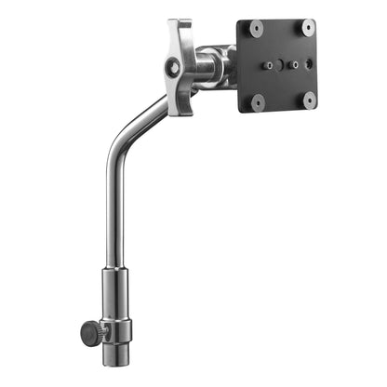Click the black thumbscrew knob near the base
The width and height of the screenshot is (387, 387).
point(90,332)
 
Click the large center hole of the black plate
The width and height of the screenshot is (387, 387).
point(282,65)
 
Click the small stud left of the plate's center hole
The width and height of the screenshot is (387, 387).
point(268,66)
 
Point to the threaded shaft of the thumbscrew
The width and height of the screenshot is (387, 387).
point(103,331)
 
